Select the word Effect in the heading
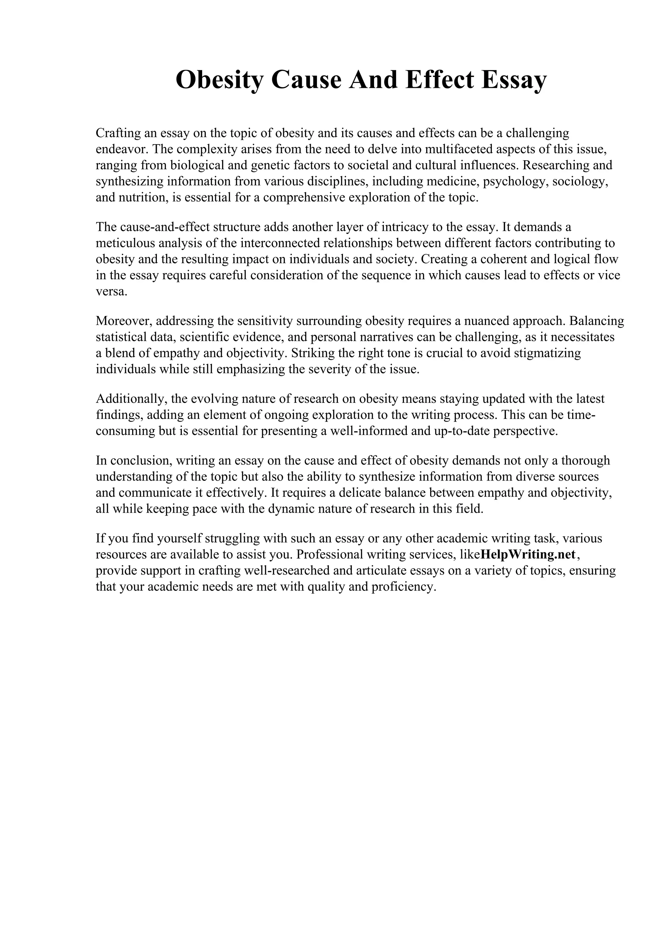pos(440,80)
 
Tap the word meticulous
pos(125,243)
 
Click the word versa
pos(111,291)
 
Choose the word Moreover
pos(123,321)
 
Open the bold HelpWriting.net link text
pos(528,554)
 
